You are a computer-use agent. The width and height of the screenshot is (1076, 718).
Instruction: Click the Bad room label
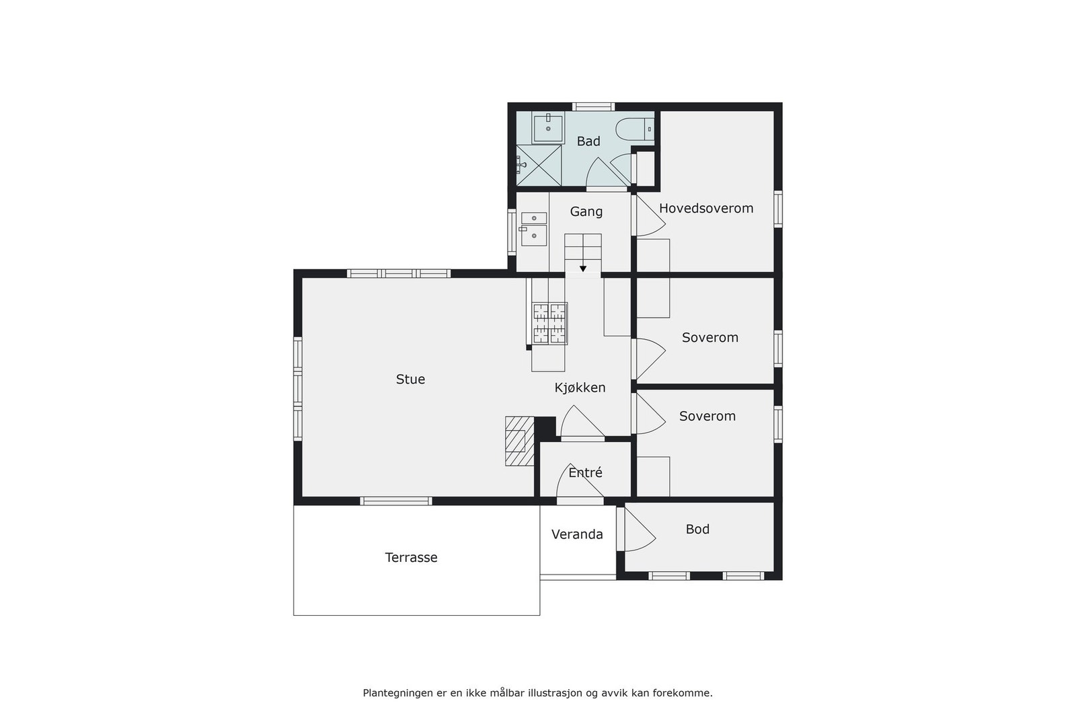coord(588,141)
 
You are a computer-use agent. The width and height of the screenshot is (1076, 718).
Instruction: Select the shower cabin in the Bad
coord(539,165)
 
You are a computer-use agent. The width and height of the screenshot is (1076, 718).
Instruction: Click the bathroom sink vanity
coord(547,128)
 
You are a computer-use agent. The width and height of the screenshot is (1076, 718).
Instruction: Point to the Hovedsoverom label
coord(706,209)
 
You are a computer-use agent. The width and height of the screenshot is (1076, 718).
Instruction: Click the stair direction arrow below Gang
coord(583,268)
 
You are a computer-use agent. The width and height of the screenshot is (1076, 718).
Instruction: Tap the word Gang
coord(586,212)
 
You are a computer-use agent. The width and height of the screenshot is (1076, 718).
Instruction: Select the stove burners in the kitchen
coord(550,324)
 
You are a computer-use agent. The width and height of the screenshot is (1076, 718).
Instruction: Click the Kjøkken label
coord(580,388)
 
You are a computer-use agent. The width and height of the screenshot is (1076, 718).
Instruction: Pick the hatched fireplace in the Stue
coord(519,441)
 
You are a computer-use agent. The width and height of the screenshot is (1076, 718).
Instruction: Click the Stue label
coord(410,380)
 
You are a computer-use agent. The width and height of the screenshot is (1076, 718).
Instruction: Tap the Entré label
coord(585,473)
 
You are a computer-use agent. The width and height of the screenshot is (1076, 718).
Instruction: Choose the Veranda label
coord(577,535)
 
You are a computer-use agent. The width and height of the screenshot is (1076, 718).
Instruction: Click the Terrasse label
coord(411,558)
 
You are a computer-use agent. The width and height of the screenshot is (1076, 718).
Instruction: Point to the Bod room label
coord(697,530)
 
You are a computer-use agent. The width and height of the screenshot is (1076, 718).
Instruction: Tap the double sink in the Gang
coord(534,227)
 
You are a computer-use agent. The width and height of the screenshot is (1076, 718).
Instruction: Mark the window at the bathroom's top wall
coord(593,106)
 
